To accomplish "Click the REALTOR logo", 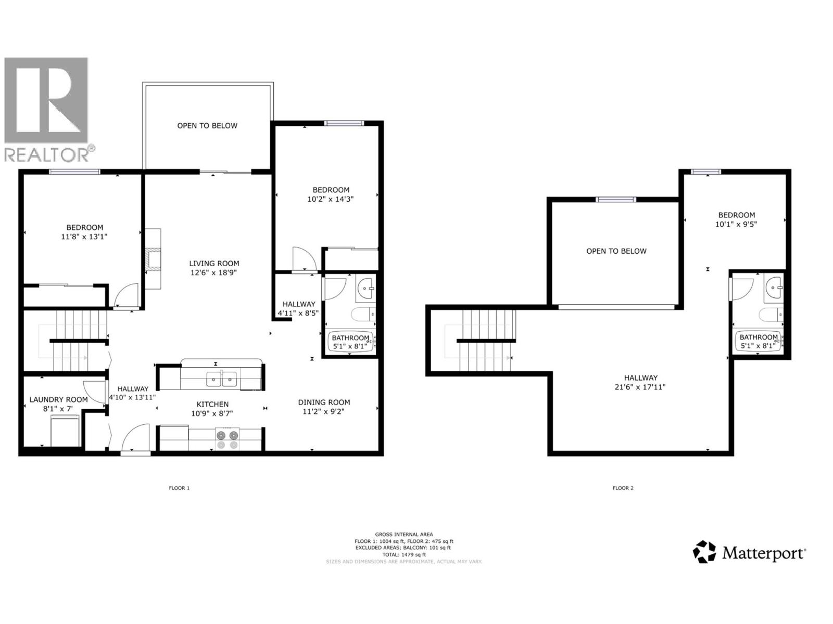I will (x=47, y=109).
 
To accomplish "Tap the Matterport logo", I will (x=750, y=552).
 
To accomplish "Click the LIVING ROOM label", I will (x=214, y=263).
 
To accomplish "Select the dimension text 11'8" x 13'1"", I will (x=84, y=237).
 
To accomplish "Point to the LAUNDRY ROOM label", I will (x=58, y=399).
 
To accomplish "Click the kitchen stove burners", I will (x=227, y=439).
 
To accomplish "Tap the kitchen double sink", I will (x=222, y=380).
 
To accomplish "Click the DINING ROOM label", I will (x=324, y=402).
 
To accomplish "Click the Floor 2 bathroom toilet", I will (x=771, y=315).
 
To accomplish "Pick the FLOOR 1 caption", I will (x=179, y=488).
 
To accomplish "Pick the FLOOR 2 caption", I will (x=623, y=488).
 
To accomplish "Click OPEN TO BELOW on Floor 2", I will (x=616, y=251).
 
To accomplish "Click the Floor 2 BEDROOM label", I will (x=736, y=215).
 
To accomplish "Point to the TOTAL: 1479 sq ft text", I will (x=404, y=554).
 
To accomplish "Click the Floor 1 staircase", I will (x=73, y=341).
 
